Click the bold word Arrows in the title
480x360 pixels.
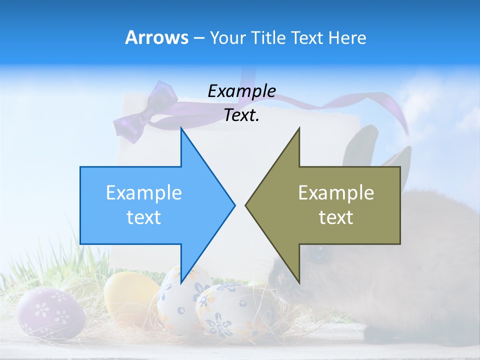(x=157, y=37)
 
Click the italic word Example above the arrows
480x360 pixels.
(x=241, y=91)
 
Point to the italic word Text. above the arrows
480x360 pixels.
(x=241, y=115)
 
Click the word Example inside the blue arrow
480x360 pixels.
(x=144, y=192)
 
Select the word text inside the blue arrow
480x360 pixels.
(x=144, y=217)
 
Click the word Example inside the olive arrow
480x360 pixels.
(x=336, y=192)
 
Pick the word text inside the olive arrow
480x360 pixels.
(x=336, y=217)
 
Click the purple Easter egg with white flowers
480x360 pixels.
(x=50, y=312)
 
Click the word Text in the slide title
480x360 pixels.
(x=307, y=37)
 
